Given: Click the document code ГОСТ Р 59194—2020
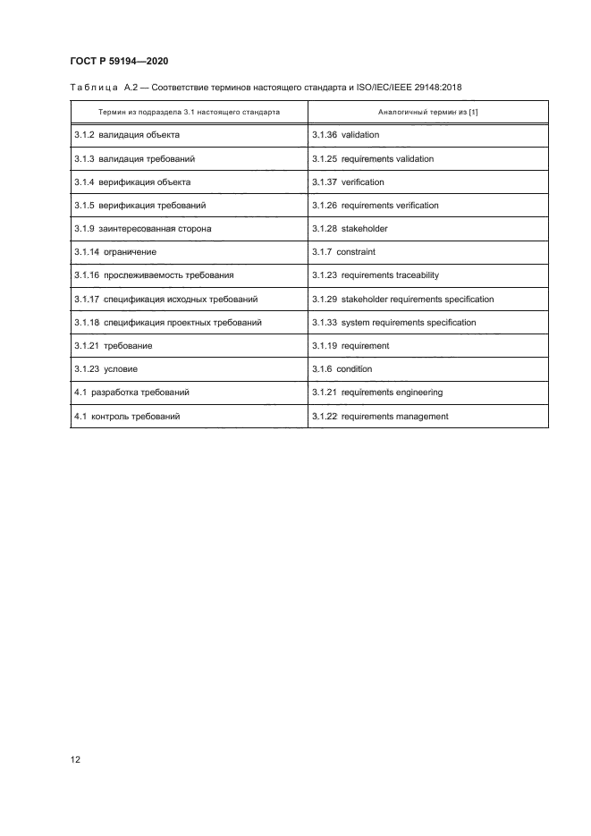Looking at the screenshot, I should (119, 61).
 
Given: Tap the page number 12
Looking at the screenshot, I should (76, 760).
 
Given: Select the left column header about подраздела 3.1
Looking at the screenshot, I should (189, 113).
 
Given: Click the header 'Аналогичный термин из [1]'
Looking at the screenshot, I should (427, 113).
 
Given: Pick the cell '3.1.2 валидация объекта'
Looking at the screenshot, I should (127, 136).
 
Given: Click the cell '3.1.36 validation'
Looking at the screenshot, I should (346, 136).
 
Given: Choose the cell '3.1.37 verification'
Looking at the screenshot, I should (348, 182).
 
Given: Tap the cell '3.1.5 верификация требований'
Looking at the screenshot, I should (140, 206).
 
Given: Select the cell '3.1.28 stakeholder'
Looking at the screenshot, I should (350, 229).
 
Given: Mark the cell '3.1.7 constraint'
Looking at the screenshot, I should (343, 252).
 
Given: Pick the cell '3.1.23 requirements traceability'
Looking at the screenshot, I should (376, 275).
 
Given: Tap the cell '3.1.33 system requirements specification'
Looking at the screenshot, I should (394, 323).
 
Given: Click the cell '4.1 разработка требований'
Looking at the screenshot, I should (131, 393).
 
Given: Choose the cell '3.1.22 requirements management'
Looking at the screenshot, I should (380, 417).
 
